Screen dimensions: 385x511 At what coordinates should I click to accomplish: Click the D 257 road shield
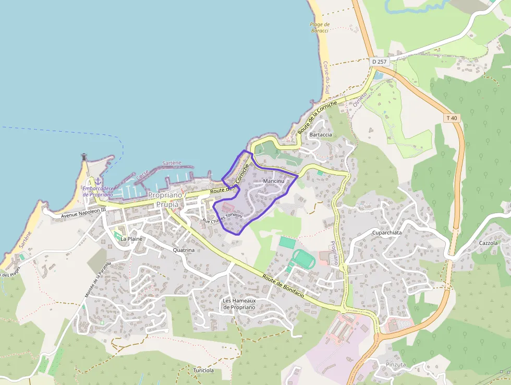(380, 62)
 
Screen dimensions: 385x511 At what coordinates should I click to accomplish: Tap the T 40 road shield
(452, 118)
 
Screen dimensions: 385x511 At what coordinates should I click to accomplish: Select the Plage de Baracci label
(320, 27)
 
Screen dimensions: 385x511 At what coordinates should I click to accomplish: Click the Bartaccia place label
(321, 135)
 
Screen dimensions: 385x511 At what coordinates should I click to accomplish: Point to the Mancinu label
(274, 181)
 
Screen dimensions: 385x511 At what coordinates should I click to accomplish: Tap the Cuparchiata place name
(387, 232)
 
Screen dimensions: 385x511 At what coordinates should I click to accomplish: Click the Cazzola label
(489, 243)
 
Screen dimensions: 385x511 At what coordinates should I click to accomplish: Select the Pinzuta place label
(395, 365)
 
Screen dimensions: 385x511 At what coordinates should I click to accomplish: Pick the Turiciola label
(203, 370)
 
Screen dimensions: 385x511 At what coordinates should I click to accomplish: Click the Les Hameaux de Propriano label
(239, 304)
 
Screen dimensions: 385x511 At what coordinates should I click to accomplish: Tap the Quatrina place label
(183, 250)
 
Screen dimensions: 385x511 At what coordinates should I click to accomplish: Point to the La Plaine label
(131, 239)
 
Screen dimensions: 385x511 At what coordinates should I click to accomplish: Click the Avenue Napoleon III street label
(83, 212)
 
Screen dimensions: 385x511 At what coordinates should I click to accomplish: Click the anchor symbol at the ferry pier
(98, 181)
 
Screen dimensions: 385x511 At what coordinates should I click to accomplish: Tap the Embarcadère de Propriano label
(98, 192)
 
